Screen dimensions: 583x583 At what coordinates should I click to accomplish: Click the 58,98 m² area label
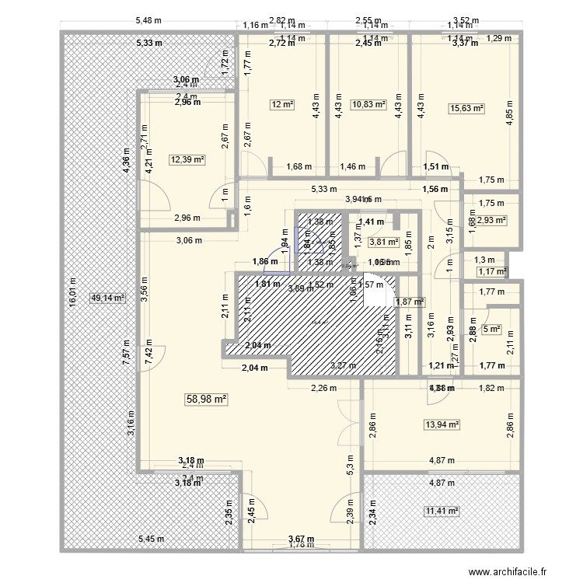point(206,399)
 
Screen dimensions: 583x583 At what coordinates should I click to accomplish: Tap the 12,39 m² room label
point(187,160)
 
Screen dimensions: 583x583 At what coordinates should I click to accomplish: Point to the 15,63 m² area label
point(466,110)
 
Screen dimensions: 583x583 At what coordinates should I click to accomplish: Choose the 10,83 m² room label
point(368,104)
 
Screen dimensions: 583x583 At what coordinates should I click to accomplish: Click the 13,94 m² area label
point(442,424)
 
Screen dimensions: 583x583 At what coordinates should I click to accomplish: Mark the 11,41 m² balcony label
point(442,511)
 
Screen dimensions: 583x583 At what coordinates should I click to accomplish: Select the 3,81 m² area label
point(383,242)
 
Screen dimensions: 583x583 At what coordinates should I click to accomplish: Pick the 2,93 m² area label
point(491,220)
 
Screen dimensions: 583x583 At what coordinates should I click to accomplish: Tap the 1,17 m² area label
point(491,271)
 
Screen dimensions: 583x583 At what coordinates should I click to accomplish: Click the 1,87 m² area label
point(410,302)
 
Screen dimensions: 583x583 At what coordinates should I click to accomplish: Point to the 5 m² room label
point(491,329)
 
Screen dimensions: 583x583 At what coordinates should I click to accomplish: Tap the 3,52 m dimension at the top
point(466,21)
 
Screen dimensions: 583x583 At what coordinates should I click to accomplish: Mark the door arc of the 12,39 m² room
point(155,194)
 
